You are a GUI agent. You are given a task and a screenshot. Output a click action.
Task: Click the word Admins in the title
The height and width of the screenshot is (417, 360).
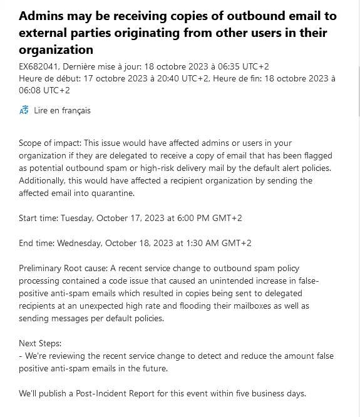42,17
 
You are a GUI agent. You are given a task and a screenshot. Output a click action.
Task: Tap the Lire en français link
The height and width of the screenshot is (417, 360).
62,110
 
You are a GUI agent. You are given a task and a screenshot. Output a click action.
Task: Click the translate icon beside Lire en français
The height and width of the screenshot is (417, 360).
24,111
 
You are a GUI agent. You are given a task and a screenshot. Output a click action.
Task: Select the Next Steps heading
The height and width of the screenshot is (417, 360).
41,344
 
